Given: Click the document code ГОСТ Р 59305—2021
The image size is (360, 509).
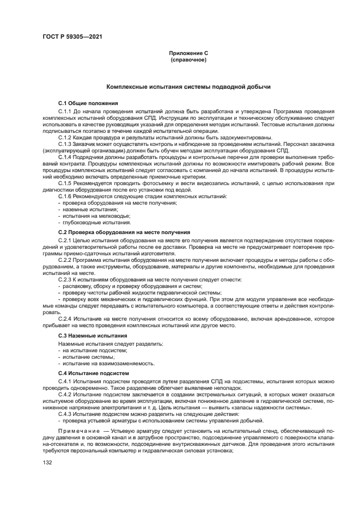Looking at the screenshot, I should coord(72,37).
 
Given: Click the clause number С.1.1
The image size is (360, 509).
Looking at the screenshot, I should coord(65,111).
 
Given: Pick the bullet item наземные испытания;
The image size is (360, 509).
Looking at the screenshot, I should coord(82,209).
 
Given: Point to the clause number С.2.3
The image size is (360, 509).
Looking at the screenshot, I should coord(65,279).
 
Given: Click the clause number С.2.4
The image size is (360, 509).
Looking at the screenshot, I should coord(65,318).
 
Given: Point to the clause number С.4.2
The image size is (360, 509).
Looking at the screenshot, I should coord(65,394).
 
